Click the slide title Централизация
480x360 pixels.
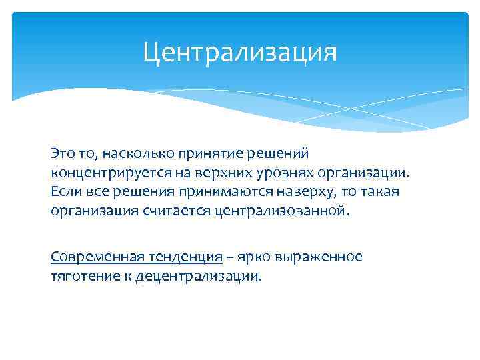[x=240, y=51]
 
